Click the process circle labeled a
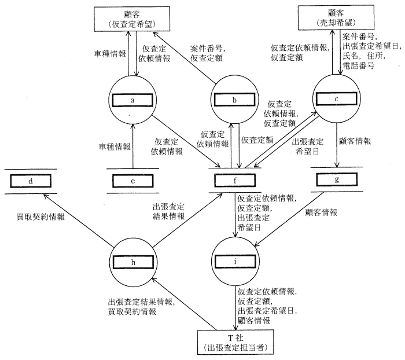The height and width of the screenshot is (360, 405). [x=133, y=101]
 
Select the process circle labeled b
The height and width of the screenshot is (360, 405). [x=234, y=101]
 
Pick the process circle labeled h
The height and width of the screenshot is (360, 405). [x=133, y=262]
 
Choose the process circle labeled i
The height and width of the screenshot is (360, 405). [x=234, y=262]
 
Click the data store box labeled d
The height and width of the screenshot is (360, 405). [x=30, y=180]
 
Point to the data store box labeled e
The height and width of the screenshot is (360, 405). [x=134, y=180]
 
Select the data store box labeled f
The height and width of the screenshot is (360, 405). [x=234, y=180]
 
